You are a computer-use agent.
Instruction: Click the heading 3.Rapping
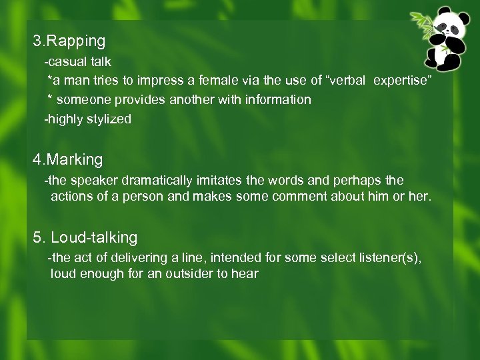tap(69, 41)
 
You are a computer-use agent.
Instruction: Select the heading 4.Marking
tap(68, 160)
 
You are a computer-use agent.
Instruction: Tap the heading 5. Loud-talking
tap(85, 237)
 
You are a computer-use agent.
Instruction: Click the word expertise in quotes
tap(403, 81)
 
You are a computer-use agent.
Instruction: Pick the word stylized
tap(109, 119)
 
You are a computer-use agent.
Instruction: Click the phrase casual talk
tap(79, 61)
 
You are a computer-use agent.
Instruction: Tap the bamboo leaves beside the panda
tap(421, 25)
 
